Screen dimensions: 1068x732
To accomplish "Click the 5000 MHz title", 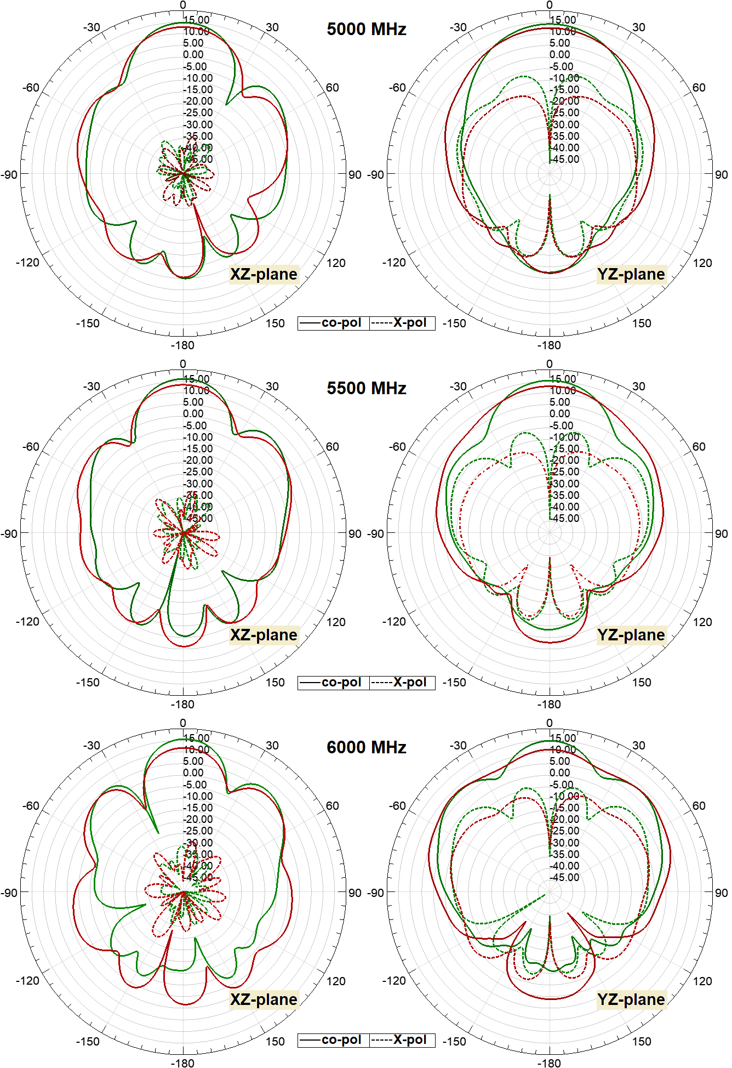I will (x=366, y=29).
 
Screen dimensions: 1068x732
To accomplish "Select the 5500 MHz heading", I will (x=366, y=388).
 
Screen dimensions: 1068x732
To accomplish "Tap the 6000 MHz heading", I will (x=366, y=747).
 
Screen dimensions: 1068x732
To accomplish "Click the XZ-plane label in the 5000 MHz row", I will (x=264, y=274).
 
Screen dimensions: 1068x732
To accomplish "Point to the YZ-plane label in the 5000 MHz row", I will (x=631, y=274).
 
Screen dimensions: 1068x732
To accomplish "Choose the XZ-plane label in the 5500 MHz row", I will (x=264, y=635).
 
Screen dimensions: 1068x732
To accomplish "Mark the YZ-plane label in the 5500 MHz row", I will (x=631, y=635).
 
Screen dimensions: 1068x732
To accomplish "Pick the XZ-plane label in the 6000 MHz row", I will (x=264, y=999).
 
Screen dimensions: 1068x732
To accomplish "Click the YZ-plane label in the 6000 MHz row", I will (x=631, y=999).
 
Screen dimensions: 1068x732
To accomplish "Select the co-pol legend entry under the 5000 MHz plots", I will (x=334, y=323).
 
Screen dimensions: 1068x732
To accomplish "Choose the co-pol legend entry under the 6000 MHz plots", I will (x=334, y=1040).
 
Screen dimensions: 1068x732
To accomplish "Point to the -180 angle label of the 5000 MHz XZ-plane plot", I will (x=182, y=345).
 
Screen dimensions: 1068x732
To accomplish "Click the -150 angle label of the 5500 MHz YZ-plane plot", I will (x=454, y=683).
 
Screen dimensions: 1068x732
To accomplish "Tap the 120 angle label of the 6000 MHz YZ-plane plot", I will (x=702, y=981).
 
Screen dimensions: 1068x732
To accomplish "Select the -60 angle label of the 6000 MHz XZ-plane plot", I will (x=31, y=805).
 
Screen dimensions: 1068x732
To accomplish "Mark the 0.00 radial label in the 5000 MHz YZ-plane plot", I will (x=559, y=54).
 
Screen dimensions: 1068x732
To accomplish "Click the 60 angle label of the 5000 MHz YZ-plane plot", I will (x=699, y=88).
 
